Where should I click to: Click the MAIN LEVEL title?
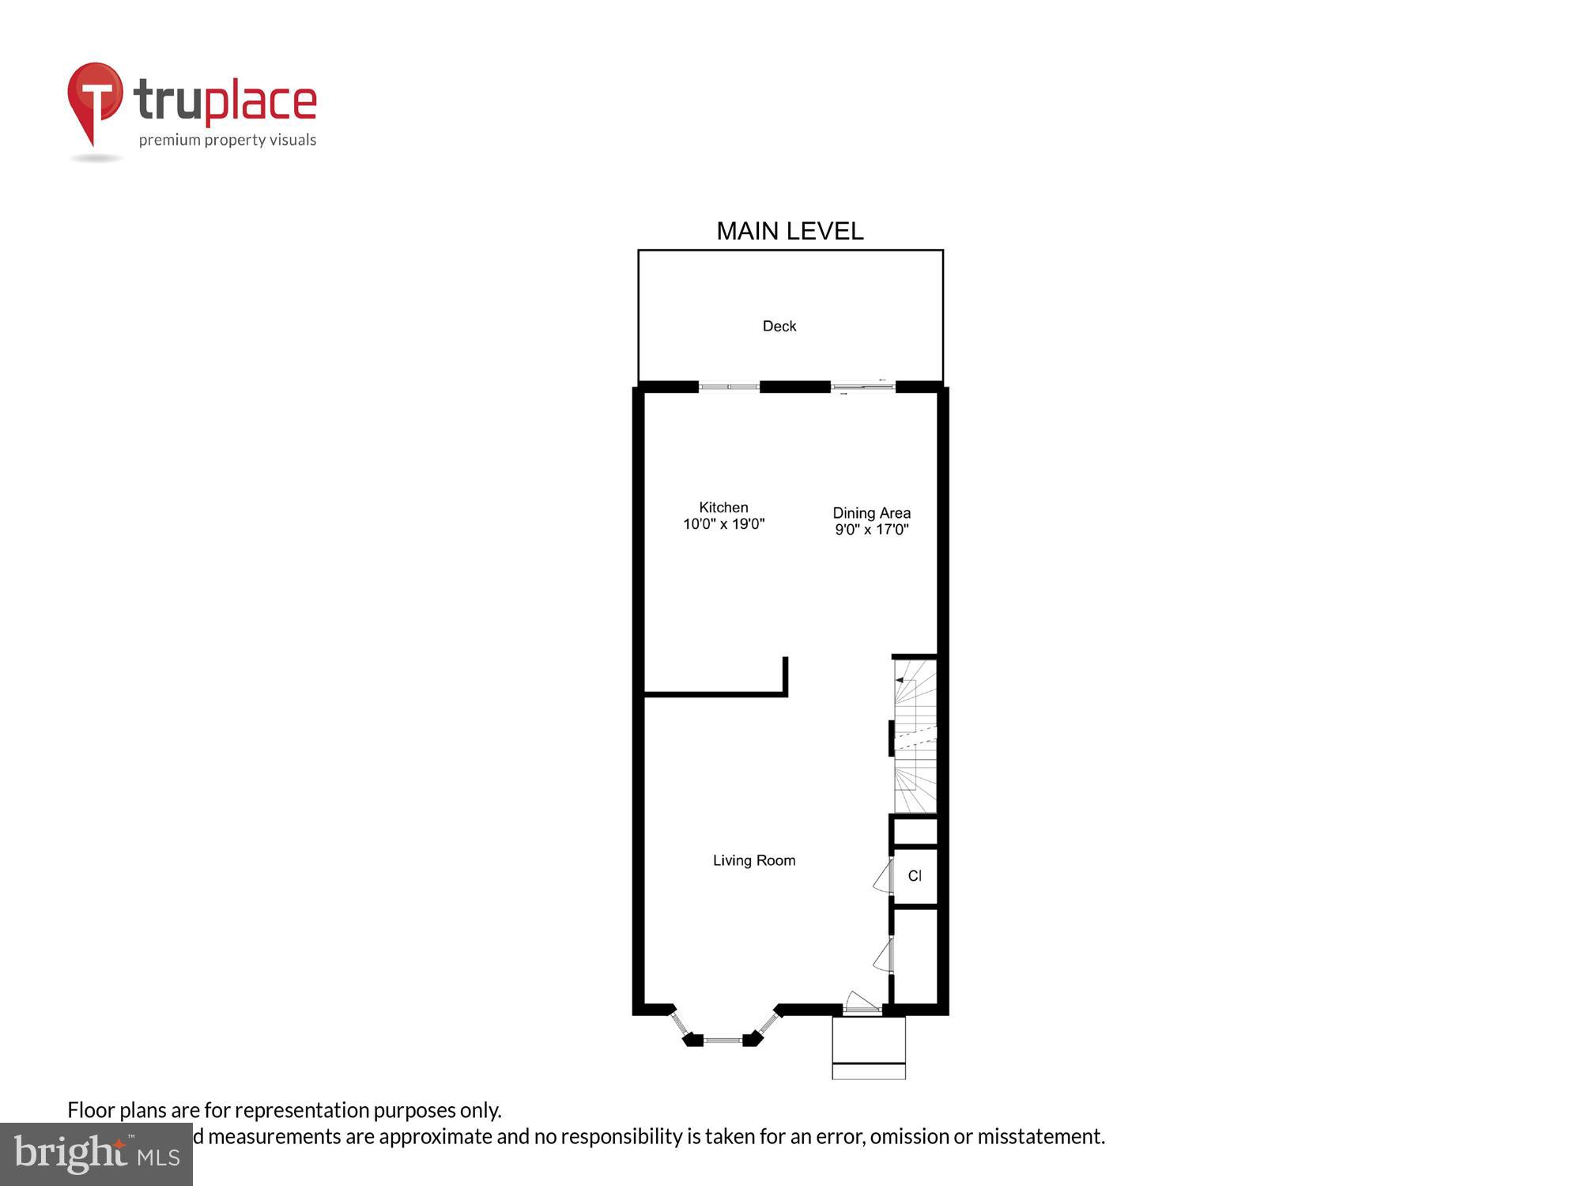coord(790,231)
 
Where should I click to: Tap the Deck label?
coord(779,326)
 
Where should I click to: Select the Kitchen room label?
coord(723,508)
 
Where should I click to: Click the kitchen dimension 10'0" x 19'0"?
coord(723,524)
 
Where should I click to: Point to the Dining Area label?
coord(871,513)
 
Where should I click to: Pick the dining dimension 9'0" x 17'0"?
coord(871,530)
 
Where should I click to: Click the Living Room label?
coord(754,860)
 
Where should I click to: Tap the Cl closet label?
coord(915,876)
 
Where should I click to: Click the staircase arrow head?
coord(900,680)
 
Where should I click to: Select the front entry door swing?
coord(861,1003)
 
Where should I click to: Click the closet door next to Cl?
coord(883,876)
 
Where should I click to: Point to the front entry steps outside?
coord(868,1048)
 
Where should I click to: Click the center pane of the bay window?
coord(723,1041)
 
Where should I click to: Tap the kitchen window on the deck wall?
coord(729,387)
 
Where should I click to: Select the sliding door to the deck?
coord(862,387)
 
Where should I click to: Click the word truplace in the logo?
coord(225,101)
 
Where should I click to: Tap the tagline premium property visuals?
coord(228,140)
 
